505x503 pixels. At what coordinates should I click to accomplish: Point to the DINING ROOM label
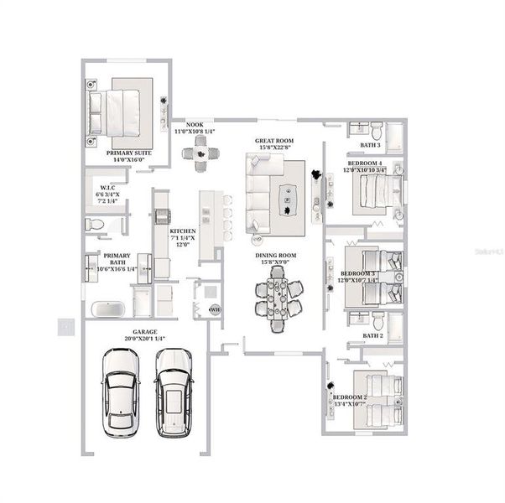click(277, 259)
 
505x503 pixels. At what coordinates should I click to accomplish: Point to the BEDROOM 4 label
click(365, 165)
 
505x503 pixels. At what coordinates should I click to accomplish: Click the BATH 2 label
click(373, 335)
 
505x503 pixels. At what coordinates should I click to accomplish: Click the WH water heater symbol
click(214, 309)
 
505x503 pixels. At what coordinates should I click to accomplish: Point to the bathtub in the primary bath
click(106, 308)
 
